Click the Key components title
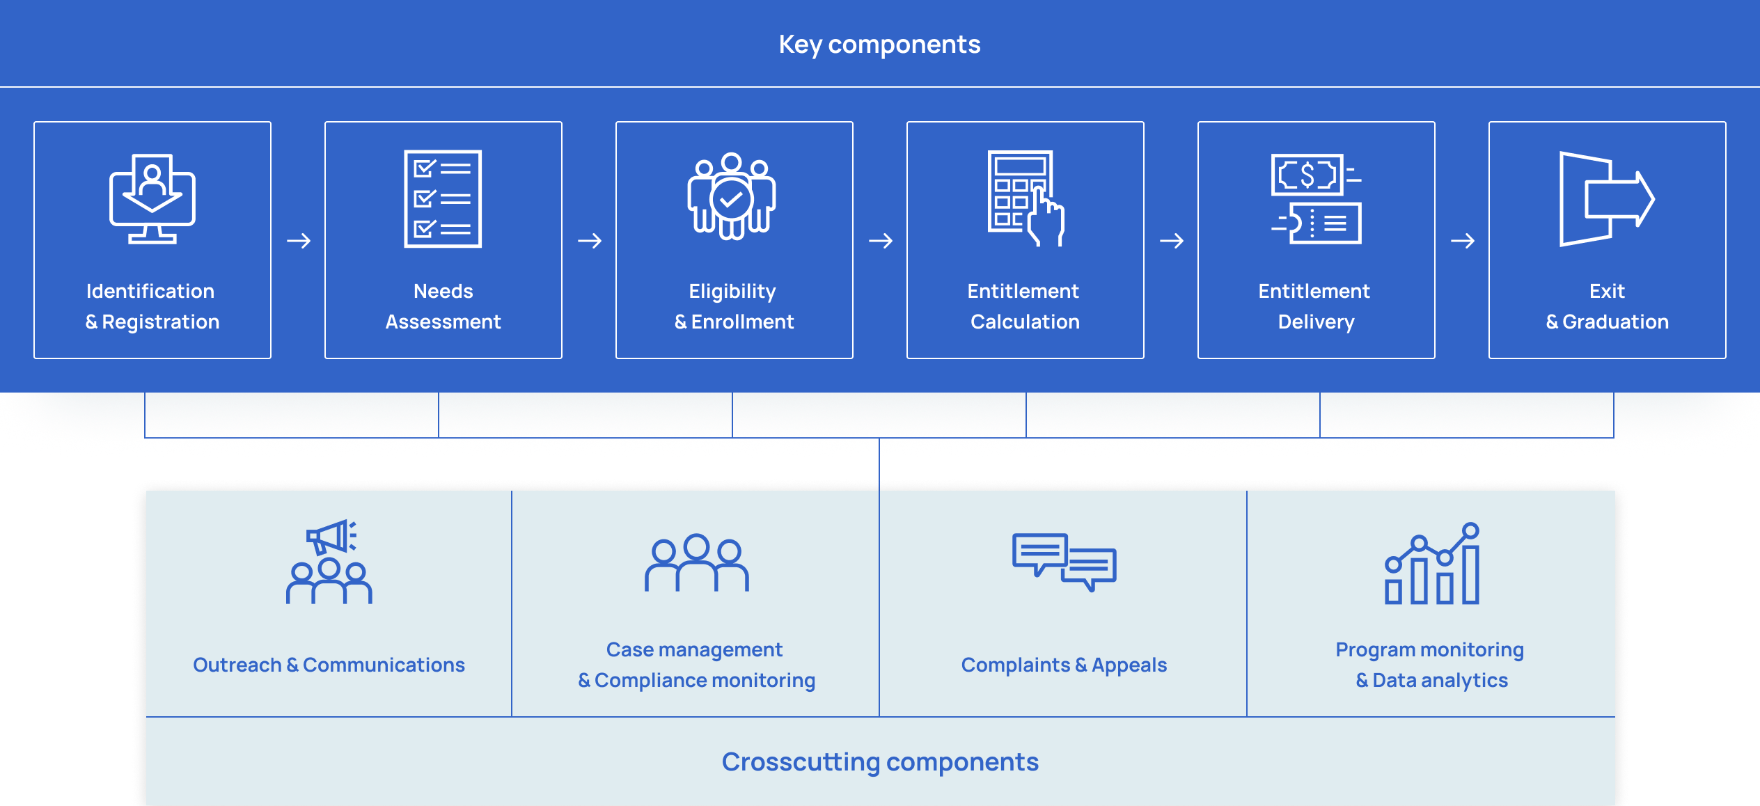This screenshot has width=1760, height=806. point(879,45)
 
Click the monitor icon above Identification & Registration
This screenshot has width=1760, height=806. point(152,199)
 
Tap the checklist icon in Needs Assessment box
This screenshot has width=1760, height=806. point(443,199)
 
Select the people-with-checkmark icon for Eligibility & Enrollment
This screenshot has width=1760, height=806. point(732,196)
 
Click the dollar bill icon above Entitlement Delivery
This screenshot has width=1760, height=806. point(1316,199)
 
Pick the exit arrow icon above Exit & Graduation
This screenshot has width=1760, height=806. point(1606,199)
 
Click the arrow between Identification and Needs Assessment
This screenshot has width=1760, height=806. point(299,241)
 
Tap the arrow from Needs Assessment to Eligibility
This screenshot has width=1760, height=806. point(590,241)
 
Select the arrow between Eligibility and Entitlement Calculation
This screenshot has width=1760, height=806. point(881,241)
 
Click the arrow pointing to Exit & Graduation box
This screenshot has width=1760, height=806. point(1463,241)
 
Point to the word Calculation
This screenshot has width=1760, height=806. point(1025,322)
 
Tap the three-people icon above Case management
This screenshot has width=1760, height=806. point(697,563)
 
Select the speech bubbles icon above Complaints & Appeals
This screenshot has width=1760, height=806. point(1064,562)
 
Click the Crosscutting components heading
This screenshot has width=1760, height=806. point(880,761)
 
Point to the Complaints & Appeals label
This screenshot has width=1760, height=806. point(1064,665)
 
